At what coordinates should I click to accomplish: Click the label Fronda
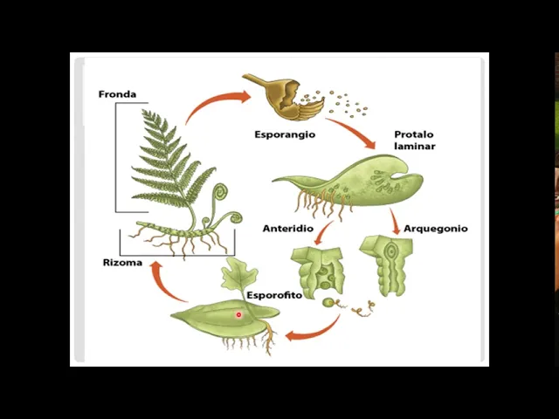point(117,94)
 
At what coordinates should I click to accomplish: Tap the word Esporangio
point(285,135)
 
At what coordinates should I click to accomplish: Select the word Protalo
point(413,135)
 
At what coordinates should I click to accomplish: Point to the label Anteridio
point(287,229)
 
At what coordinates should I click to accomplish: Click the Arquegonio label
point(435,229)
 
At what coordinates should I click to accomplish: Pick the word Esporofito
point(274,295)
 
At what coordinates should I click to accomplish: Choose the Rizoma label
point(121,263)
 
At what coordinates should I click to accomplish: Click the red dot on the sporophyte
point(238,315)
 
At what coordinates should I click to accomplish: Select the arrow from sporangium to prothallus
point(354,134)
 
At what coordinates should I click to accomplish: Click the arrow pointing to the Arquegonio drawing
point(395,223)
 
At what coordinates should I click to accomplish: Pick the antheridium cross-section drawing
point(318,270)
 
